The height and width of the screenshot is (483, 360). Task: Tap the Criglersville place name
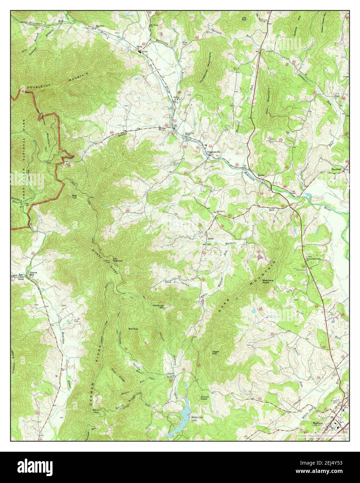(x=215, y=152)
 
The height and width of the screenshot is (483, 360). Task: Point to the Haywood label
(x=337, y=169)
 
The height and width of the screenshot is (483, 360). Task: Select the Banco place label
(x=261, y=175)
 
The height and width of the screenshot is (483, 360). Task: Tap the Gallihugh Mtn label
(x=159, y=306)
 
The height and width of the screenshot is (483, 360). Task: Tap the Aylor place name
(x=209, y=239)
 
